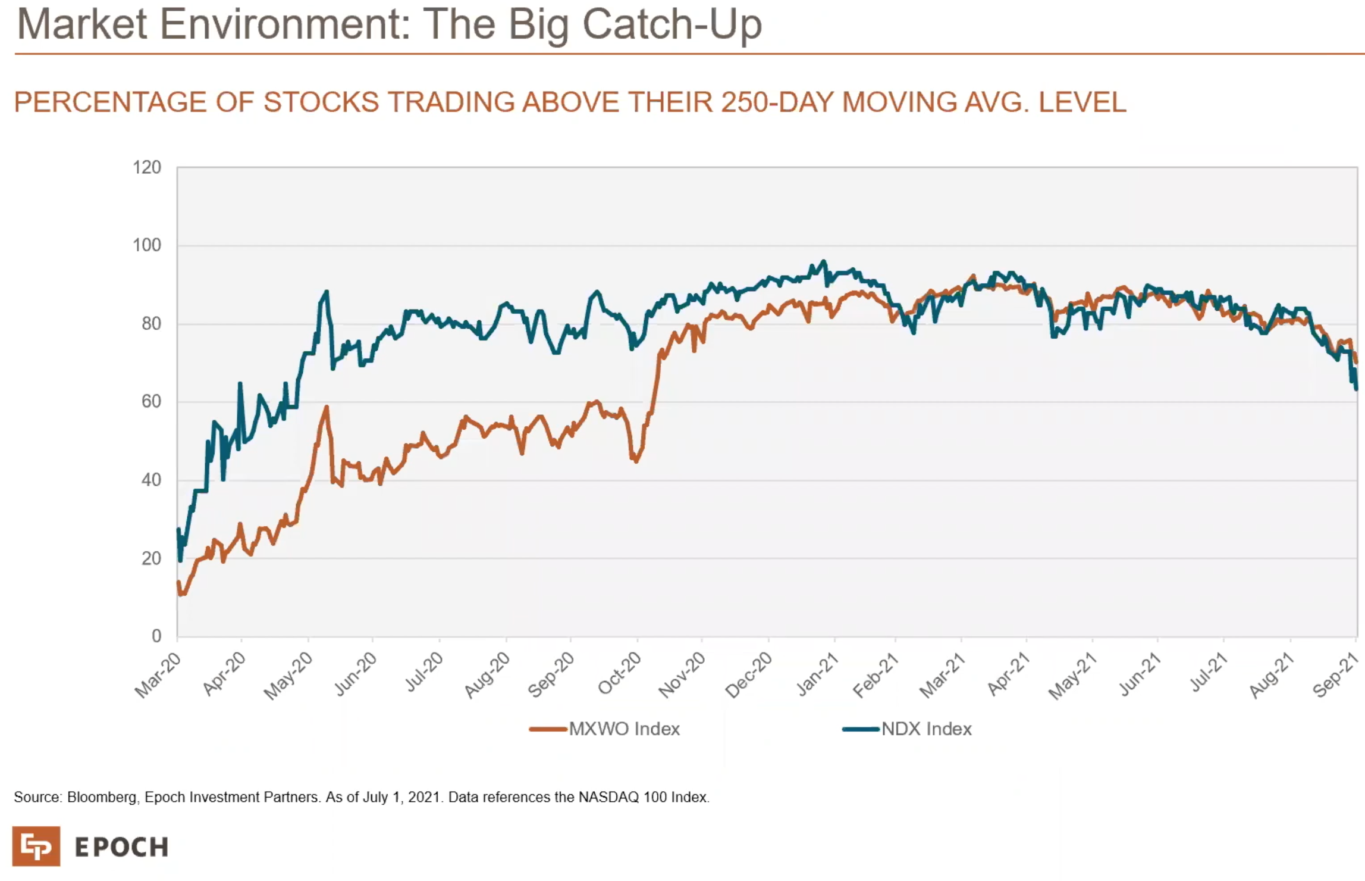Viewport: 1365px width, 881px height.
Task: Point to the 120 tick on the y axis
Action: click(147, 167)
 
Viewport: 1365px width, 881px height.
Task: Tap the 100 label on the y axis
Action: click(147, 245)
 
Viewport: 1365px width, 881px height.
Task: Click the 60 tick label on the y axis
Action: click(151, 402)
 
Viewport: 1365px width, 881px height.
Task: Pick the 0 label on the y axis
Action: click(156, 636)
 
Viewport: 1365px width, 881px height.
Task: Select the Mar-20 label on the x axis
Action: click(157, 676)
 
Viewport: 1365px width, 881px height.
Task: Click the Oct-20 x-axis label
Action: click(619, 674)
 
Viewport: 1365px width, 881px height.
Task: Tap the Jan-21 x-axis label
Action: click(817, 675)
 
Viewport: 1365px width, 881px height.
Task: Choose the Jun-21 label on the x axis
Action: click(1140, 674)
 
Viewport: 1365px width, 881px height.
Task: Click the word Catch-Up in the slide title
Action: click(671, 25)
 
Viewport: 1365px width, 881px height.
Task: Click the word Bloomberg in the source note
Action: click(101, 797)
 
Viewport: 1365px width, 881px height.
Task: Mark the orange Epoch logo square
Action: click(36, 846)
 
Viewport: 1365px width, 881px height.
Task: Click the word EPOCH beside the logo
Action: click(121, 847)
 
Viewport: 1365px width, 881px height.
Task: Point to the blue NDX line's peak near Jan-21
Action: click(824, 261)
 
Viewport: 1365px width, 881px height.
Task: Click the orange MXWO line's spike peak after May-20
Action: click(326, 407)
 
